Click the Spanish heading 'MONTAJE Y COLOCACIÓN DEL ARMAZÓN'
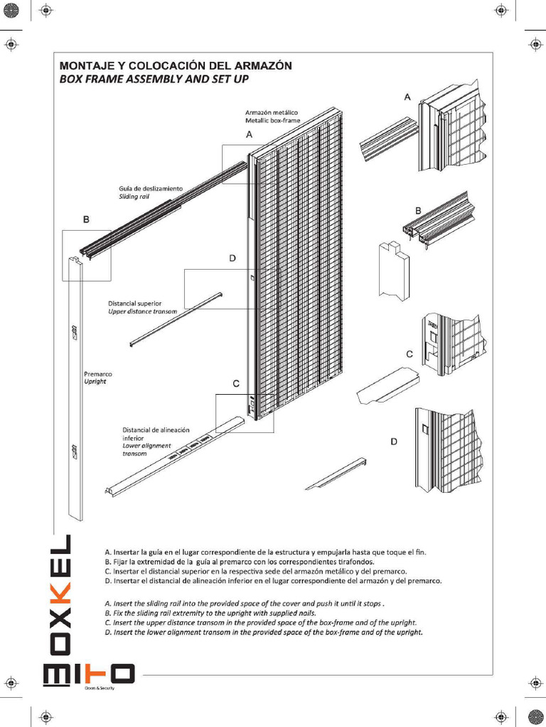[176, 65]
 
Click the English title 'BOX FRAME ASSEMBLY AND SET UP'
[154, 79]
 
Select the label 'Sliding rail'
[134, 196]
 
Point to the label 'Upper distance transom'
[142, 311]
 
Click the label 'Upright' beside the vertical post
[95, 381]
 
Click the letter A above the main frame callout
[250, 133]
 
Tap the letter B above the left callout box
[86, 220]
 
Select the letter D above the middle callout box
[232, 259]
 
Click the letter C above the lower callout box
[236, 383]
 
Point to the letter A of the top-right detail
[407, 97]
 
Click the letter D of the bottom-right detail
[394, 442]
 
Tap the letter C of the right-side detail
[409, 354]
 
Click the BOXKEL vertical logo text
[60, 596]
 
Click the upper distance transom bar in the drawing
[177, 319]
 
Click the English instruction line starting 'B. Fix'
[210, 612]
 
